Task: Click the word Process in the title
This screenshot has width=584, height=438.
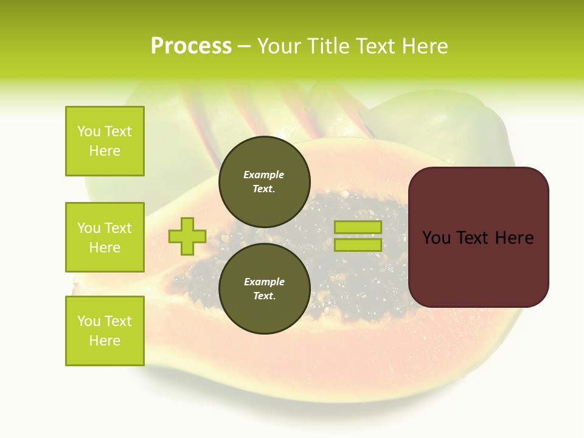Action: [x=191, y=46]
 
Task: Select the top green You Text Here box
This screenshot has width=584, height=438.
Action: [x=105, y=141]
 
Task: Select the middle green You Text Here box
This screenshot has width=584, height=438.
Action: [x=105, y=237]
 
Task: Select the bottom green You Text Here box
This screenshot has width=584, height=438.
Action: [x=105, y=331]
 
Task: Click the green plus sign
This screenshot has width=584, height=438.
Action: [x=187, y=237]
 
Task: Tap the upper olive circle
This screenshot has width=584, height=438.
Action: [x=264, y=182]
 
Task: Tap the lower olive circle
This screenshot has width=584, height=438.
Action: [x=264, y=289]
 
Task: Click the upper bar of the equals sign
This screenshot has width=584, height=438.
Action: [x=358, y=228]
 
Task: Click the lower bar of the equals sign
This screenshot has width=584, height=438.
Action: [x=358, y=245]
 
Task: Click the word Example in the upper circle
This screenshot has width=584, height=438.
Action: [x=264, y=175]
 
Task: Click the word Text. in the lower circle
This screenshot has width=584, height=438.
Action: [x=264, y=296]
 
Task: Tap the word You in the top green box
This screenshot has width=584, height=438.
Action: [x=89, y=131]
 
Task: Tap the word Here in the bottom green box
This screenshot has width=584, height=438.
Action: [x=105, y=341]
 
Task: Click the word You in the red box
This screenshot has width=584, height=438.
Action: [x=437, y=238]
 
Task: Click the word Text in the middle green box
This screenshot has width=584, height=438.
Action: [x=118, y=228]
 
